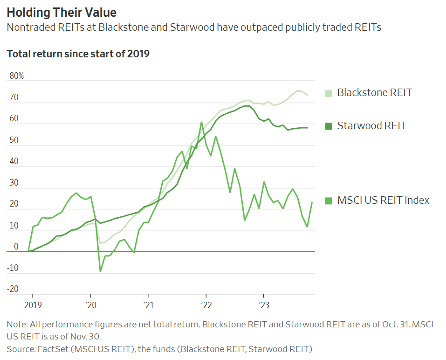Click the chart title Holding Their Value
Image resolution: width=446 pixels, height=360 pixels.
[x=62, y=12]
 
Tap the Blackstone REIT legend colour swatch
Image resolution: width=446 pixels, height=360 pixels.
[x=329, y=93]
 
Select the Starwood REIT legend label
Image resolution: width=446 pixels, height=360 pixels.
[x=371, y=125]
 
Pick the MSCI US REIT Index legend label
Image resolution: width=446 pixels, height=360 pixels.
[x=383, y=201]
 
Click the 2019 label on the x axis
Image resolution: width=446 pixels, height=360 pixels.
[x=33, y=305]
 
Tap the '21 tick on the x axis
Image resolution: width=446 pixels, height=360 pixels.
[x=148, y=305]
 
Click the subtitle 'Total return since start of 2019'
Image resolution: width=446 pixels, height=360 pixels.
[x=78, y=54]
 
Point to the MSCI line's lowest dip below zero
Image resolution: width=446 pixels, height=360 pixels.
[x=100, y=271]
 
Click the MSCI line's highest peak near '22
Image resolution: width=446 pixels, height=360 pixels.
[x=201, y=122]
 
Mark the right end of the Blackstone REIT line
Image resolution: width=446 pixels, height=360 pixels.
[x=307, y=95]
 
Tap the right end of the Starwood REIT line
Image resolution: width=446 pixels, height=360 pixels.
[x=307, y=128]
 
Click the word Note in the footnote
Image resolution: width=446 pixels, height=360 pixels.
[x=16, y=324]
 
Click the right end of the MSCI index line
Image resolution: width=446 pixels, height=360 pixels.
[x=312, y=202]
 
